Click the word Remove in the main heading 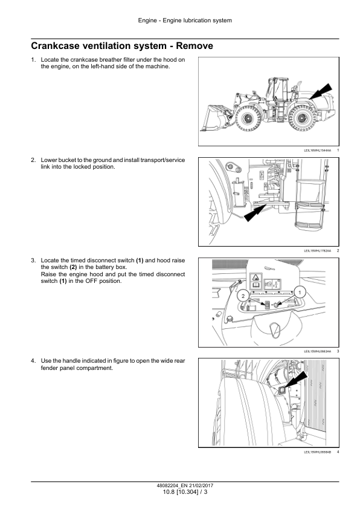tap(194, 46)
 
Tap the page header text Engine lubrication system tap(197, 21)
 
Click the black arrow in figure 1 tap(321, 91)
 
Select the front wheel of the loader tap(248, 118)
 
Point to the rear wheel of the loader tap(301, 118)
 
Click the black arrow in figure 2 tap(254, 213)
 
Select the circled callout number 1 tap(300, 293)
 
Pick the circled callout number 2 tap(243, 296)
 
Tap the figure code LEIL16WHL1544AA tap(318, 151)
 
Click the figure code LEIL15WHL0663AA tap(318, 351)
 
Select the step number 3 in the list tap(33, 261)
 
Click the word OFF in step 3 tap(91, 281)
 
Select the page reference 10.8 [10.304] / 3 tap(185, 492)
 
